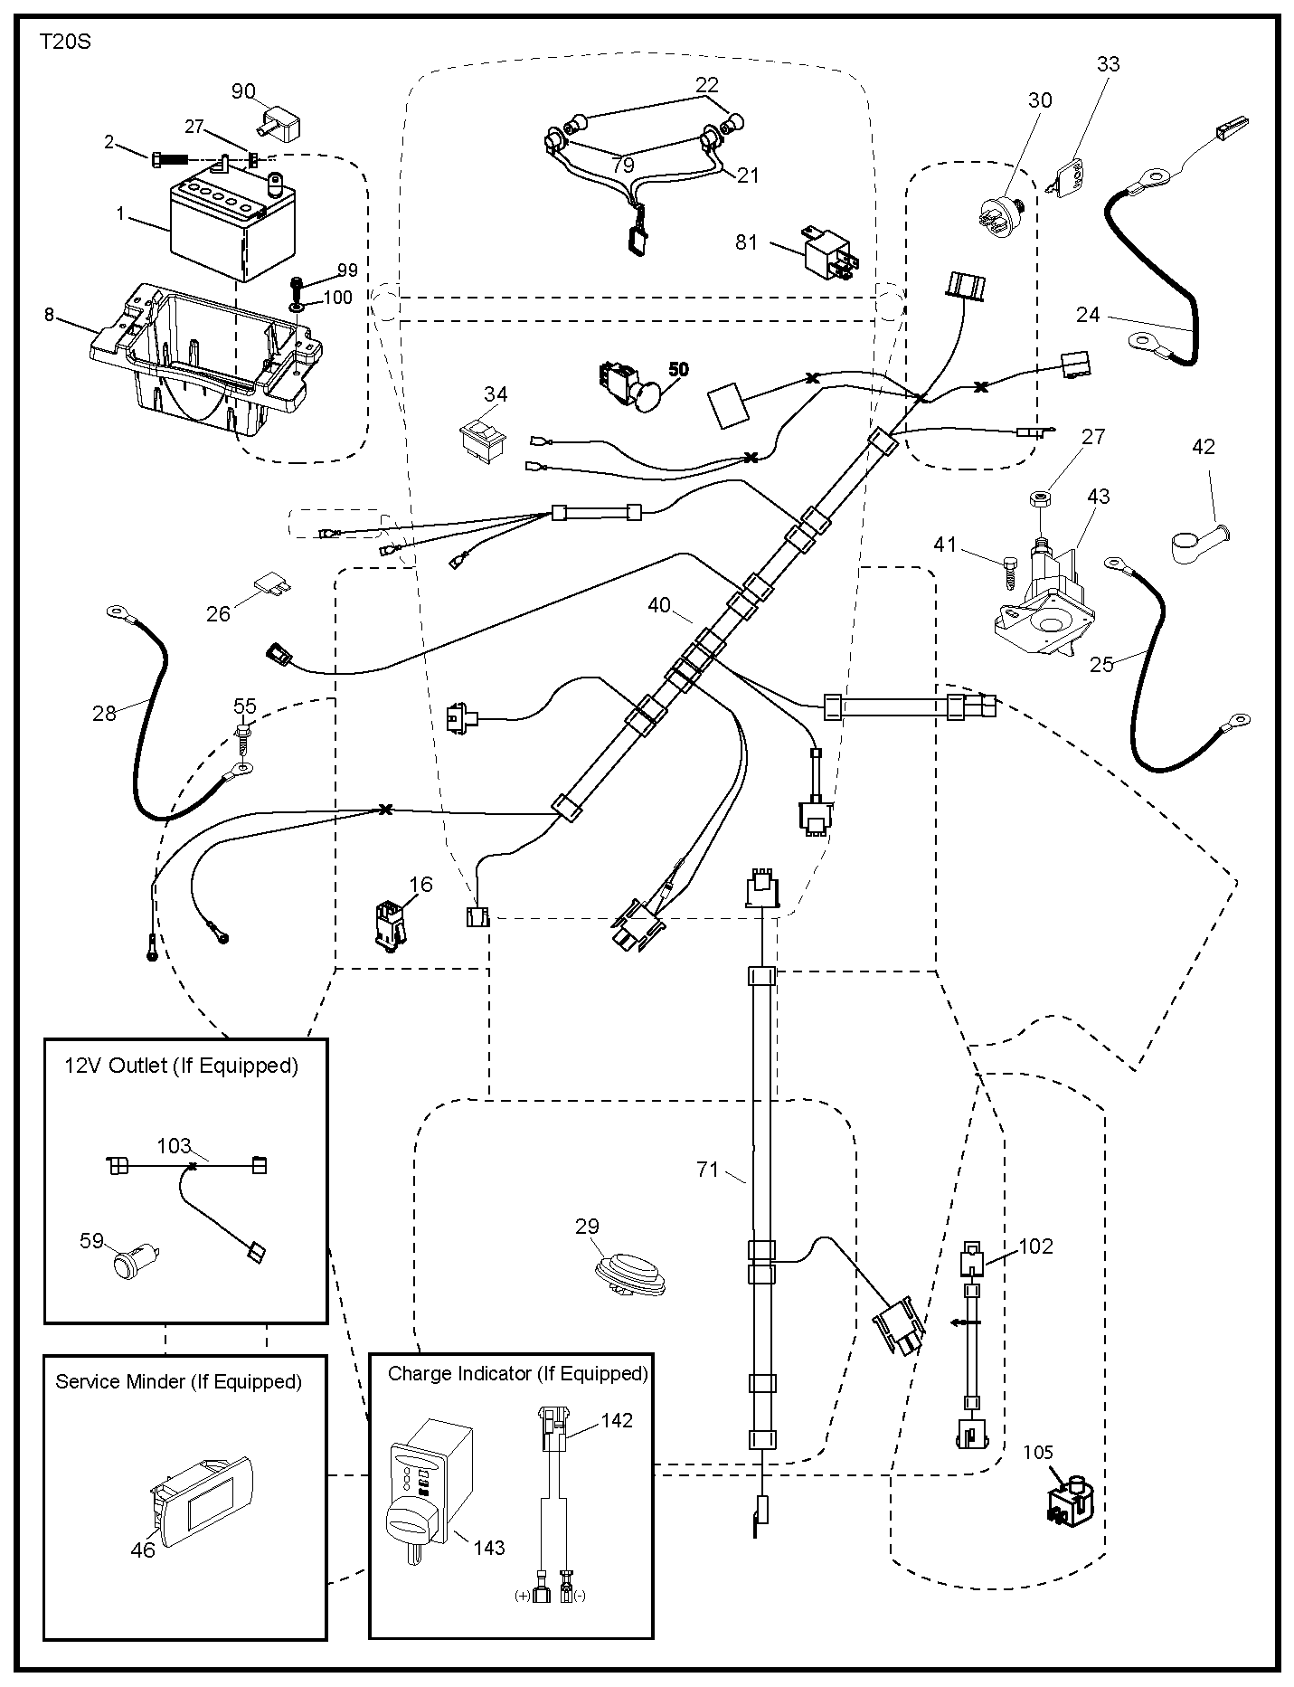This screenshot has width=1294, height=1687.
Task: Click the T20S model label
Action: click(x=65, y=42)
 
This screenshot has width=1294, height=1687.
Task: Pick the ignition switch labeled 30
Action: click(x=999, y=214)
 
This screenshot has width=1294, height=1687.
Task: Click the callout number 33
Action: click(x=1108, y=64)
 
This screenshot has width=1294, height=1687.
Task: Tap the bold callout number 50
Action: click(x=678, y=369)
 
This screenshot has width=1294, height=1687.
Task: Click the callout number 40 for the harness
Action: click(x=659, y=605)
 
